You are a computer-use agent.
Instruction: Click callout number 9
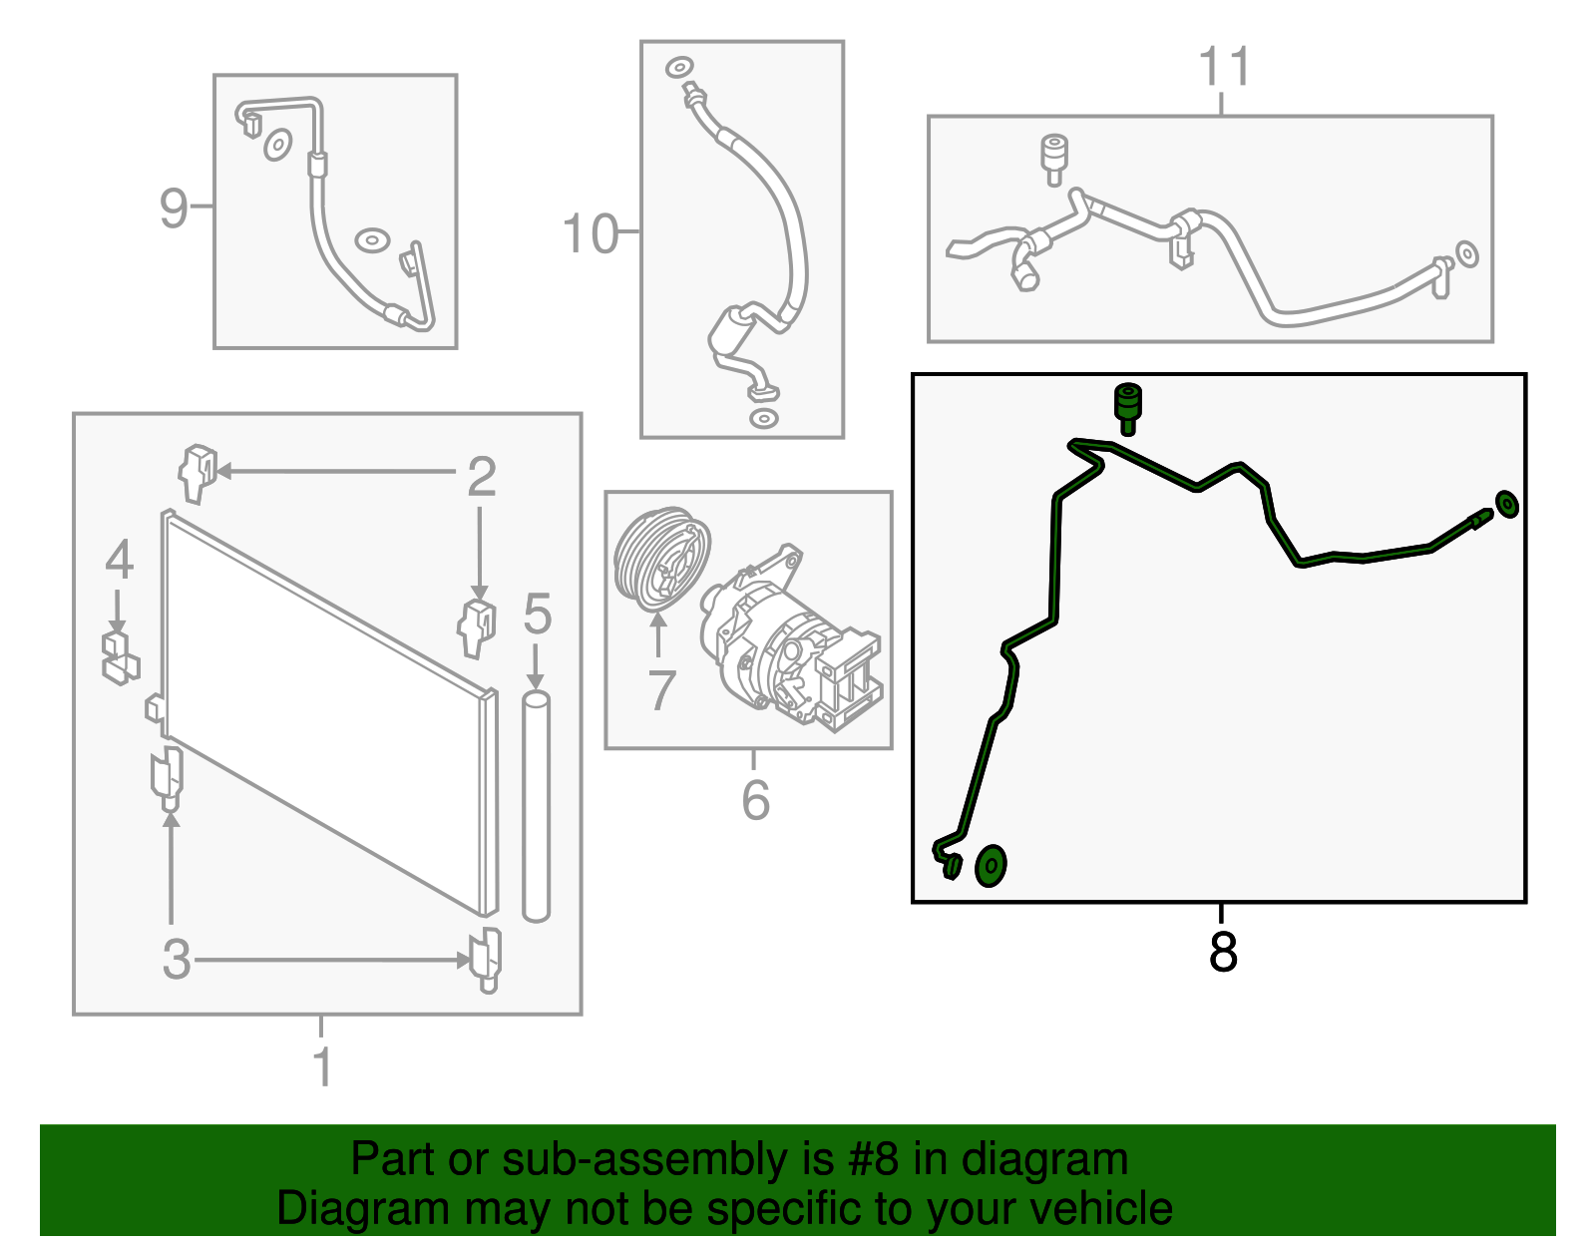(175, 208)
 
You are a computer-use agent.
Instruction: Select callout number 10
(590, 234)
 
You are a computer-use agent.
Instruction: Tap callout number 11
(1224, 66)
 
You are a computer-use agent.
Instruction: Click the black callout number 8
(1223, 952)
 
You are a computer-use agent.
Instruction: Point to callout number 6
(756, 800)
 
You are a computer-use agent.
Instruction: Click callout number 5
(537, 614)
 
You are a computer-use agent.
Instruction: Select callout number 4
(119, 560)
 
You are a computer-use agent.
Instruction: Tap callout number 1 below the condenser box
(322, 1066)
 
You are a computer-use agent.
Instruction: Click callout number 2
(482, 477)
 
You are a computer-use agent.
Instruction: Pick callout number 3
(177, 959)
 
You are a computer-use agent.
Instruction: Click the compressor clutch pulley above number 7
(661, 559)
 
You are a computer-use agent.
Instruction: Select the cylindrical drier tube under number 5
(537, 806)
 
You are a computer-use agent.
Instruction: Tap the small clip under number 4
(120, 657)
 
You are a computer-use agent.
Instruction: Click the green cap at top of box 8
(1127, 409)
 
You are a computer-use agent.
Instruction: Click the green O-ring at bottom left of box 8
(991, 866)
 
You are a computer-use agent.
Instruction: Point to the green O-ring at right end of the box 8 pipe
(1506, 505)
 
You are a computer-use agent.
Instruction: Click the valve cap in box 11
(1054, 160)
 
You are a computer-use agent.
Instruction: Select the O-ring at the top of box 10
(679, 68)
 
